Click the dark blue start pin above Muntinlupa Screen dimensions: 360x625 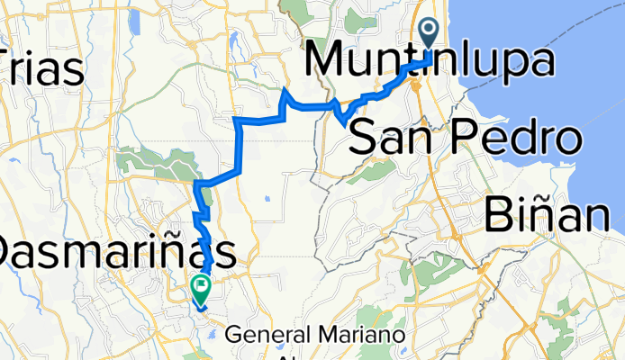point(428,33)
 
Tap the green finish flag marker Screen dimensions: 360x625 point(200,289)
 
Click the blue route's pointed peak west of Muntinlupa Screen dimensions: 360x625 point(286,90)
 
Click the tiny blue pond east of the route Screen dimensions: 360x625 point(267,199)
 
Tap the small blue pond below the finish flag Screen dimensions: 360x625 point(212,334)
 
